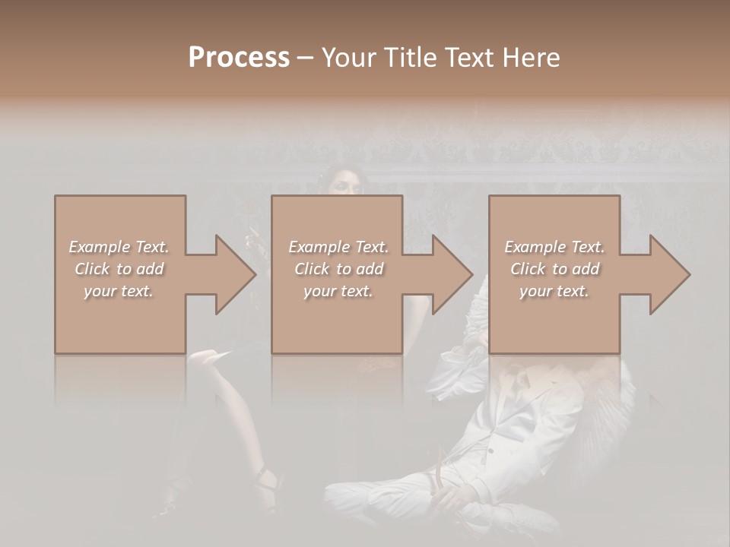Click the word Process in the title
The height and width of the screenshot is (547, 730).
tap(239, 58)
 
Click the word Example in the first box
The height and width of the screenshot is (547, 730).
tap(99, 247)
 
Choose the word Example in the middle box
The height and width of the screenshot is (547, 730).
tap(319, 247)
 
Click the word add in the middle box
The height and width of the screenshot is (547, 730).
tap(369, 269)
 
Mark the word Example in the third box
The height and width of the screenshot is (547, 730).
tap(535, 247)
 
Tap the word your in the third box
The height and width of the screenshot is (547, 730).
tap(535, 291)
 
